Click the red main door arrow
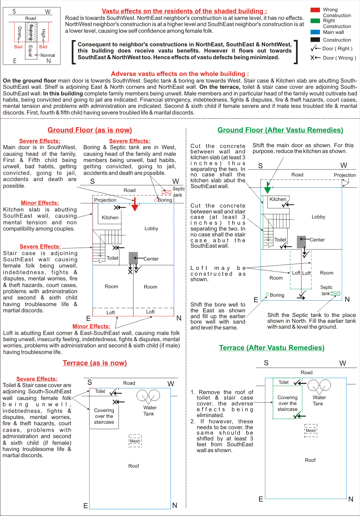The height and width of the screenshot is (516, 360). tap(135, 204)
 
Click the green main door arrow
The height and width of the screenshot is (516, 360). tap(267, 187)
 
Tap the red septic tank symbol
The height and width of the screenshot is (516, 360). tap(167, 192)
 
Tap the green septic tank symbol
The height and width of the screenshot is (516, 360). tap(335, 294)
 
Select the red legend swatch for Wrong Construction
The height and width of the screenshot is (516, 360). tap(315, 10)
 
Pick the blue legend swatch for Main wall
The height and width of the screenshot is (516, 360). tap(315, 32)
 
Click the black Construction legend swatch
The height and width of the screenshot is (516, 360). tap(315, 40)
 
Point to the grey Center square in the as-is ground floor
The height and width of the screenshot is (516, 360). tap(133, 258)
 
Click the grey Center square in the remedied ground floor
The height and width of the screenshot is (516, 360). tap(301, 242)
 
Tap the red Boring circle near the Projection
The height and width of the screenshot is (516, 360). tap(156, 200)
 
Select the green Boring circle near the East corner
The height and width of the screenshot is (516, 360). tap(267, 294)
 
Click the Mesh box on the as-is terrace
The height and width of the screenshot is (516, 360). tap(135, 441)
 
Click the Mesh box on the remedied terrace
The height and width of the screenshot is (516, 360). tap(311, 431)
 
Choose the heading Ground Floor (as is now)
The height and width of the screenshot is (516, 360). tap(90, 130)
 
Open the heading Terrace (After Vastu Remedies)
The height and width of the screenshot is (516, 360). tap(272, 348)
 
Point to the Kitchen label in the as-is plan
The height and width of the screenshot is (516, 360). tap(110, 217)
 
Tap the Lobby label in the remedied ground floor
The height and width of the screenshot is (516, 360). tap(318, 217)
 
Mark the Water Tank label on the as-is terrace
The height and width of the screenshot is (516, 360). tap(149, 410)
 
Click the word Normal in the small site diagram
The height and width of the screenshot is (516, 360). tap(47, 55)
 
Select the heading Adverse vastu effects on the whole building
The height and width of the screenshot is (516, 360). tap(180, 74)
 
